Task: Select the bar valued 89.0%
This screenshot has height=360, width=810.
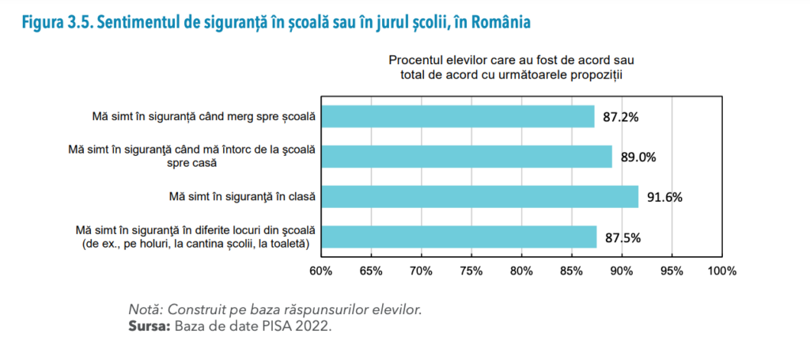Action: coord(466,157)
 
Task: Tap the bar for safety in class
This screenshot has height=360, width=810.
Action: coord(479,197)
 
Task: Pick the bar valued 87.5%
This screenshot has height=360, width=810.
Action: coord(459,237)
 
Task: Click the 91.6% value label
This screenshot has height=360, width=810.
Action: coord(664,197)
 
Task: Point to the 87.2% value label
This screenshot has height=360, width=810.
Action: coord(620,116)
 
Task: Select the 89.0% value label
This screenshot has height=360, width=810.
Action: coord(638,157)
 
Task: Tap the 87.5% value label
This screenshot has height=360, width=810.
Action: coord(623,237)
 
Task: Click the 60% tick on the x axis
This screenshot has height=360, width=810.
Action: coord(320,271)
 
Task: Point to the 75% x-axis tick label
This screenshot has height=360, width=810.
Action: coord(471,271)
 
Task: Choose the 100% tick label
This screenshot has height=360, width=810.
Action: coord(721,271)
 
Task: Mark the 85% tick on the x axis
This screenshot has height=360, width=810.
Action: coord(572,271)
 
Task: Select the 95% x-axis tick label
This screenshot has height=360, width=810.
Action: coord(672,271)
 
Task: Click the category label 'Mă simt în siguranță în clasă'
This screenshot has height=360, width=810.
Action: coord(242,196)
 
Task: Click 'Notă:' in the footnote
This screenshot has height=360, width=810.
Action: coord(146,309)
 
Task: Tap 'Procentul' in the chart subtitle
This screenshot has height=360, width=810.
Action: coord(414,60)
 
